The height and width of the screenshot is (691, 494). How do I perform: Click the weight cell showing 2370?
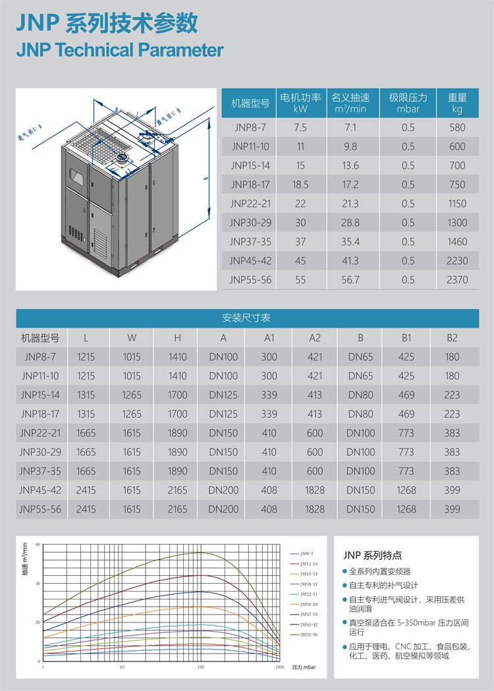point(457,280)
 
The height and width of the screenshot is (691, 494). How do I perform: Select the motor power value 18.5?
point(300,184)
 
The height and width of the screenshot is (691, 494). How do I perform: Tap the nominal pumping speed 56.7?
point(350,280)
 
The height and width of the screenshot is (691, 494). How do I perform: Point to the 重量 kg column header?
point(457,103)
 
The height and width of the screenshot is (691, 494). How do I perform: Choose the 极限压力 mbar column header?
point(408,103)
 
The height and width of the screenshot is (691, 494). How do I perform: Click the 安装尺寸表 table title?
point(247,318)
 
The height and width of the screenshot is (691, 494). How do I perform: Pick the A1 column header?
point(269,338)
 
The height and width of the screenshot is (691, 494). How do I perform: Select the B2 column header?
point(452,338)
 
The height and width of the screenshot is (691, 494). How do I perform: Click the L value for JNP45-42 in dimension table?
point(86,490)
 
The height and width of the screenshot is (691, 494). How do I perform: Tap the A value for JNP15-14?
point(223,395)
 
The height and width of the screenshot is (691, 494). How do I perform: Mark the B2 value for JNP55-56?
point(452,509)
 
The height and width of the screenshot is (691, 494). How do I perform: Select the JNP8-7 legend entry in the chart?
point(306,555)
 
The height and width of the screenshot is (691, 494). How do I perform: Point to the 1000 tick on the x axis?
point(279,667)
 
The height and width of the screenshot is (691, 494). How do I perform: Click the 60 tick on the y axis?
point(38,545)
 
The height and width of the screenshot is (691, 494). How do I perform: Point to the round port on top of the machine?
point(123,159)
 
